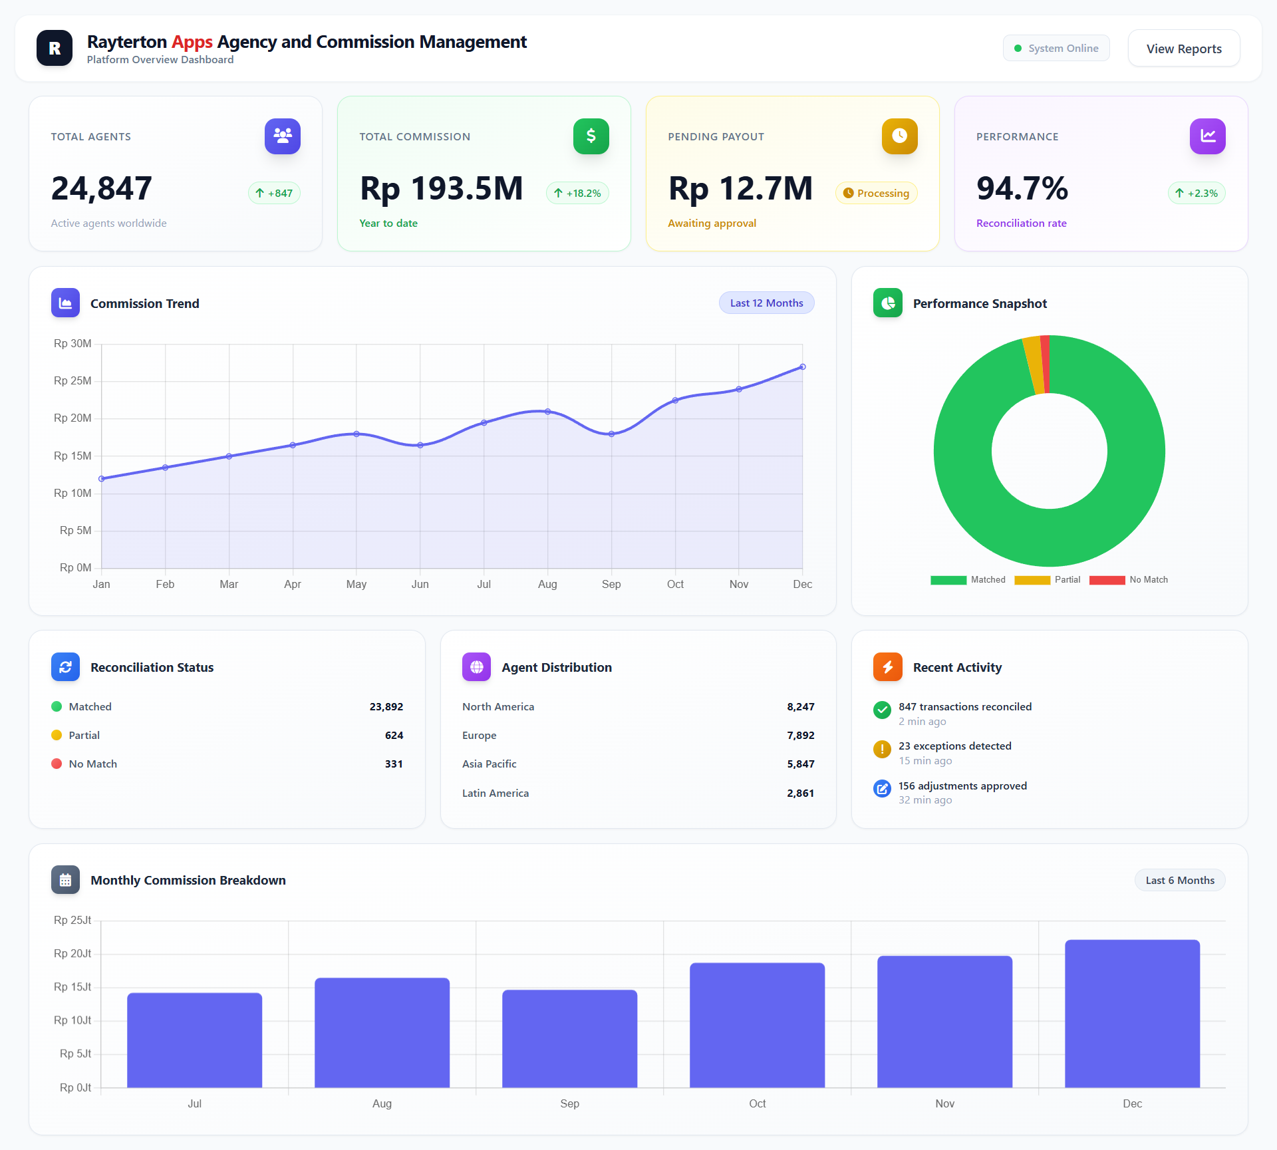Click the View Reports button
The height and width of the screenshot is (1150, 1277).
1184,49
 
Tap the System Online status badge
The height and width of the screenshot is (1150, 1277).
1056,49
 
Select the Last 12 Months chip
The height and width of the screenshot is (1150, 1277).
766,303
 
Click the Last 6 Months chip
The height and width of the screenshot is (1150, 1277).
1179,881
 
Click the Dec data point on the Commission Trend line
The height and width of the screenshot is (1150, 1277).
803,367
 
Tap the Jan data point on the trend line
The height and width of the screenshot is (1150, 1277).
102,479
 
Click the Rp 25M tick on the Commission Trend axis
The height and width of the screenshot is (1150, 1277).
72,381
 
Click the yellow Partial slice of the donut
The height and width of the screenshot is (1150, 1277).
1034,365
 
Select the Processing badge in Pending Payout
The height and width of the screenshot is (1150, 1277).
876,194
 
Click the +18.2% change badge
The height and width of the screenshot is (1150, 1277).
577,194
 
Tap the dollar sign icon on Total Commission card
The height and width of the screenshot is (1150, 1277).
591,136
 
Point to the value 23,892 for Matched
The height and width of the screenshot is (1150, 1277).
386,707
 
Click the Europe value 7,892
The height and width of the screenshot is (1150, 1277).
800,736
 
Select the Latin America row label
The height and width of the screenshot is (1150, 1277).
496,793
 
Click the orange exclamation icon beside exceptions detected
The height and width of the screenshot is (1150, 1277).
882,750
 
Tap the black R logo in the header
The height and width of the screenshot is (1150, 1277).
55,49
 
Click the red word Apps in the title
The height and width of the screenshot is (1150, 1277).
192,42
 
